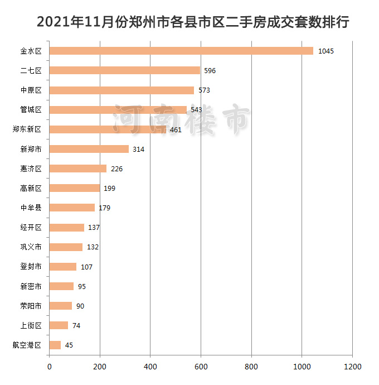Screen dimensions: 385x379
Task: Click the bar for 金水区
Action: tap(181, 51)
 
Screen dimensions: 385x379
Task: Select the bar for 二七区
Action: tap(125, 70)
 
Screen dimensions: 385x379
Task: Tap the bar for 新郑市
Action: tap(89, 149)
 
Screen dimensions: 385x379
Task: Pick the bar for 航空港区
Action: tap(55, 345)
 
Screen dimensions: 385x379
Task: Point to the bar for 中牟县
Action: tap(72, 208)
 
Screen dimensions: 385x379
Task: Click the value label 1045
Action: tap(325, 51)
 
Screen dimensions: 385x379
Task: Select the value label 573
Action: tap(204, 90)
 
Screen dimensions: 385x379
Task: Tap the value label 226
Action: tap(116, 169)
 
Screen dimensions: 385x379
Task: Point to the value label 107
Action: tap(86, 267)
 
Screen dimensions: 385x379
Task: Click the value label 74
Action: tap(76, 326)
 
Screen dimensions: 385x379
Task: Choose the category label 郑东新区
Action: tap(27, 129)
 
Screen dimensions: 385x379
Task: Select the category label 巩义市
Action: tap(31, 247)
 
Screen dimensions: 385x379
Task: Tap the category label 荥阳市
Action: tap(31, 306)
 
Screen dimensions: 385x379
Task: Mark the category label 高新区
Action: tap(31, 189)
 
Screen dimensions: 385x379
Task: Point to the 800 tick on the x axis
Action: tap(251, 367)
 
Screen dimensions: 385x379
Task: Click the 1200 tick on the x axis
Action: tap(352, 367)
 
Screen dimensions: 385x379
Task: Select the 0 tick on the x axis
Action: tap(50, 367)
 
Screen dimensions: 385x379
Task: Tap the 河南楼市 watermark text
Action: tap(181, 119)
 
